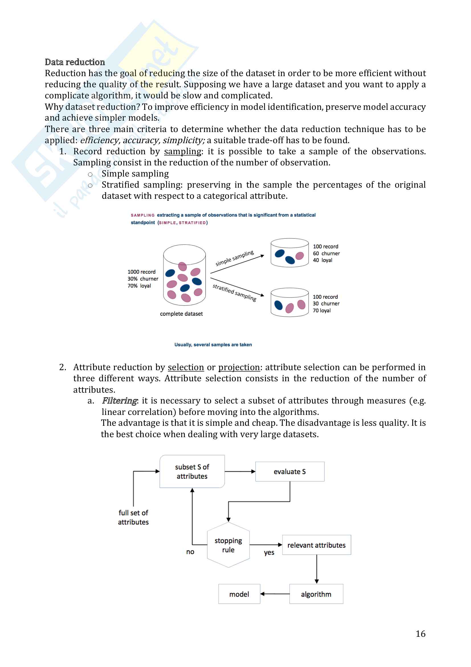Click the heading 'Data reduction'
click(75, 62)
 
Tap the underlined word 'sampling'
click(183, 151)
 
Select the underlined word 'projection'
click(239, 367)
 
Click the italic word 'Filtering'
click(119, 401)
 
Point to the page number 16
click(420, 634)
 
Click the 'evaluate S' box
click(289, 471)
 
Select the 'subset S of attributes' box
click(192, 471)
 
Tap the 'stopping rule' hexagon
click(228, 545)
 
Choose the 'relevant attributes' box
click(316, 545)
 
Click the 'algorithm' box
click(316, 594)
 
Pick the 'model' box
click(239, 594)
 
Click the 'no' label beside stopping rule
click(190, 552)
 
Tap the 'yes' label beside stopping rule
click(269, 552)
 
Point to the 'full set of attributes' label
click(133, 517)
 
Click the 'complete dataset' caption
click(182, 314)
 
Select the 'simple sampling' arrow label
click(235, 258)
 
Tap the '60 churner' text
click(326, 253)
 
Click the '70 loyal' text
click(321, 311)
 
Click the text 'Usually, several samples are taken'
click(213, 344)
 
